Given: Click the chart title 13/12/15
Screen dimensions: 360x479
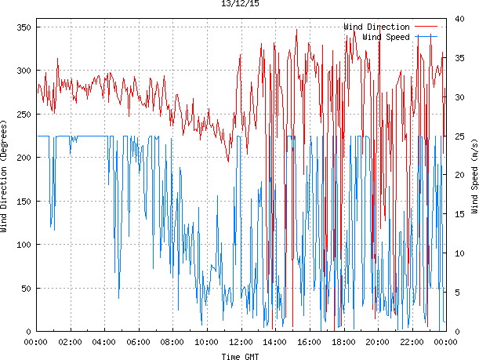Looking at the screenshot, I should [x=239, y=4].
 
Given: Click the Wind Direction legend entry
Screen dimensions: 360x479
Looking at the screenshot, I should [x=376, y=27].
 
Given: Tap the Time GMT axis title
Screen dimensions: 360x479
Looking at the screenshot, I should [x=239, y=355].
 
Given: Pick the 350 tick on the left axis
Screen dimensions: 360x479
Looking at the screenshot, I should [x=22, y=27].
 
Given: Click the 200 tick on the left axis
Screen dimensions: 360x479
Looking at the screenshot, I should [x=22, y=158].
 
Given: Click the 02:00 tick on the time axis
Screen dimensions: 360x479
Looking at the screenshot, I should [x=70, y=342].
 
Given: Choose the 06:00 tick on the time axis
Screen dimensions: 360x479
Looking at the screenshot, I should [x=138, y=342].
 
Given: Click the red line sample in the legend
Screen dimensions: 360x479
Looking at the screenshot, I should [x=426, y=27].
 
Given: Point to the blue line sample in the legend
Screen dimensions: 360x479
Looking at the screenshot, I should [x=426, y=36].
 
